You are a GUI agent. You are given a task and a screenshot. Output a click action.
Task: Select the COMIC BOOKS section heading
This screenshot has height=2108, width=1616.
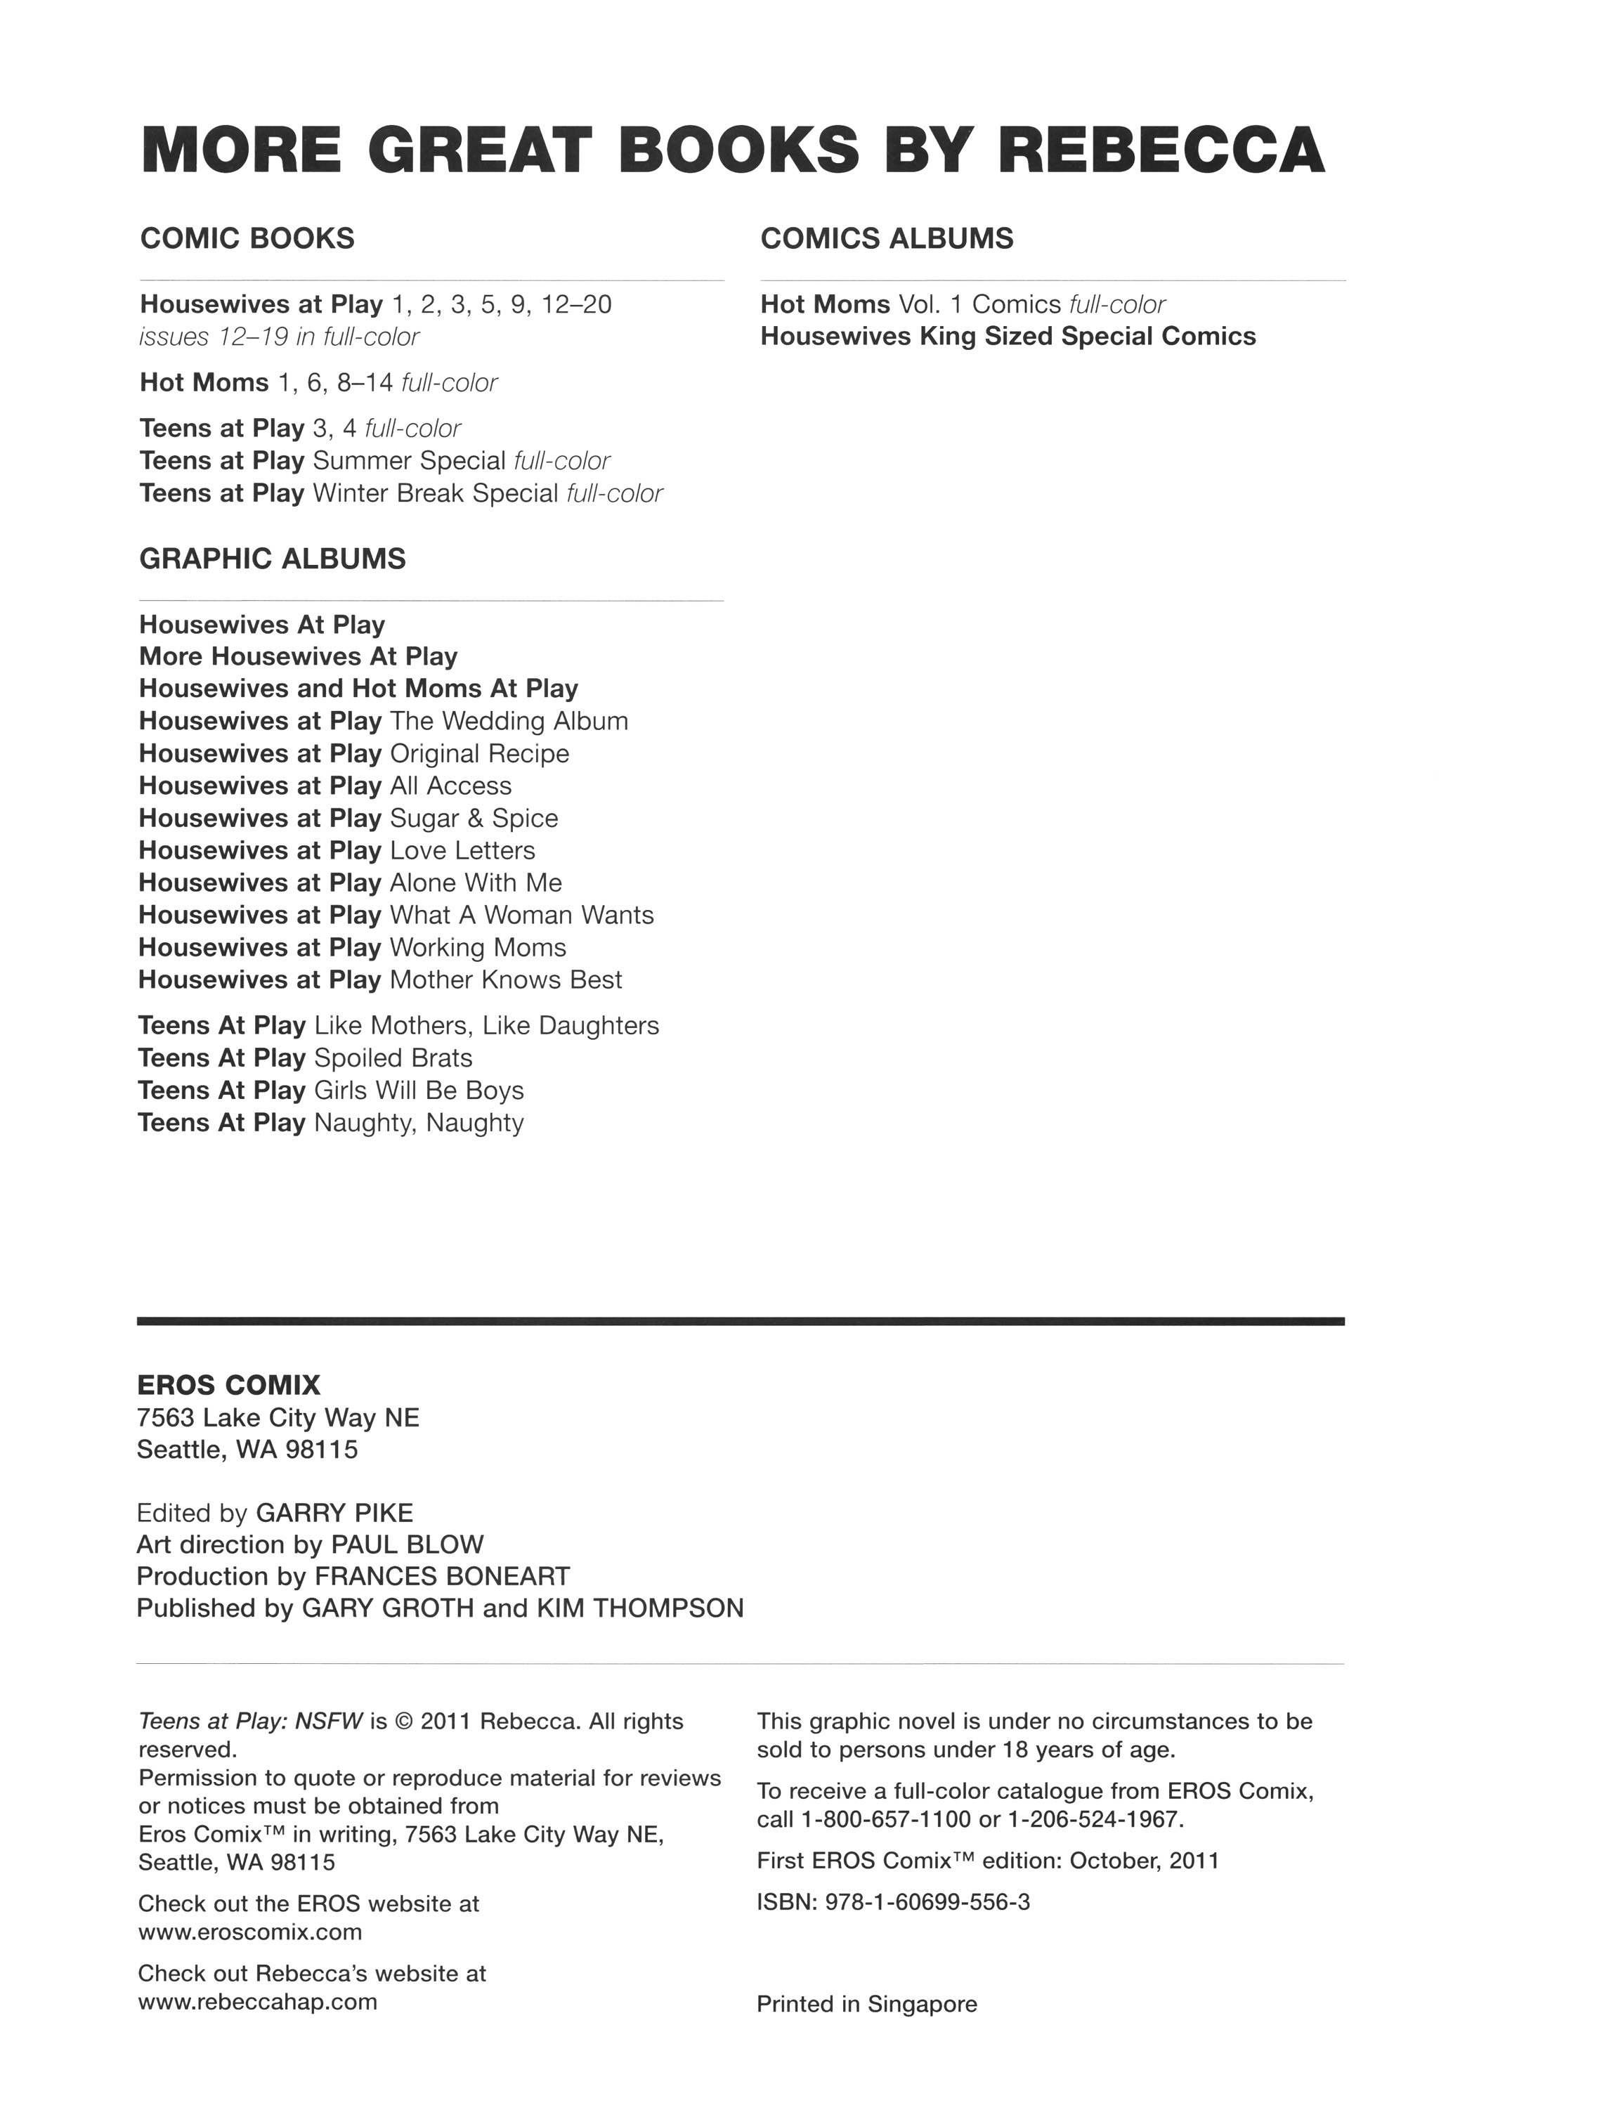click(x=247, y=239)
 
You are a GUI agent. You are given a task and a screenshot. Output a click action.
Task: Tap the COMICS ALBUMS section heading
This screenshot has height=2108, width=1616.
click(x=886, y=239)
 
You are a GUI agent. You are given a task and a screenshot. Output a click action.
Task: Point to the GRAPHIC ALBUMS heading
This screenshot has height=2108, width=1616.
click(x=272, y=559)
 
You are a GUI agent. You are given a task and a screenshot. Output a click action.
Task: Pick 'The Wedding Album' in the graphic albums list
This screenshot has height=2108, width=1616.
click(x=509, y=722)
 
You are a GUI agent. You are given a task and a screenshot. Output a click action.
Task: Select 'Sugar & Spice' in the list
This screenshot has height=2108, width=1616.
click(x=474, y=819)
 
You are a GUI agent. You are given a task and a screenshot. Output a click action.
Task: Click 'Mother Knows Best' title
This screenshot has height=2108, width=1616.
click(x=506, y=980)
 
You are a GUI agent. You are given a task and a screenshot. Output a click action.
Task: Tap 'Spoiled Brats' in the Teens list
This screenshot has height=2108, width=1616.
click(x=393, y=1058)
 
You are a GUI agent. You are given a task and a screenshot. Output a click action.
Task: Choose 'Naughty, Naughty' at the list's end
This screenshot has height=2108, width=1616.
click(x=419, y=1123)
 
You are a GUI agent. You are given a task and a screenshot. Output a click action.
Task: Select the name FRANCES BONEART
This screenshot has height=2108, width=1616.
click(x=443, y=1577)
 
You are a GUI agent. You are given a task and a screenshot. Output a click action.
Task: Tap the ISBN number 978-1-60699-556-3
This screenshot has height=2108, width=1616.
click(x=927, y=1902)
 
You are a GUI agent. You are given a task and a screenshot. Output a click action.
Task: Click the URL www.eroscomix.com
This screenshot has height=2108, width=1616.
click(x=250, y=1932)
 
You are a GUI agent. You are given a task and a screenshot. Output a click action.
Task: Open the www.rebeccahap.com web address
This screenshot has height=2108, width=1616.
click(x=257, y=2002)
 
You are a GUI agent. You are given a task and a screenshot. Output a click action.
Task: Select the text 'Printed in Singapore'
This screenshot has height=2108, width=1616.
click(x=867, y=2005)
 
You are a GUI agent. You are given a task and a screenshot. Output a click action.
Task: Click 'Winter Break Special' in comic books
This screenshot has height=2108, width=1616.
click(x=436, y=493)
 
